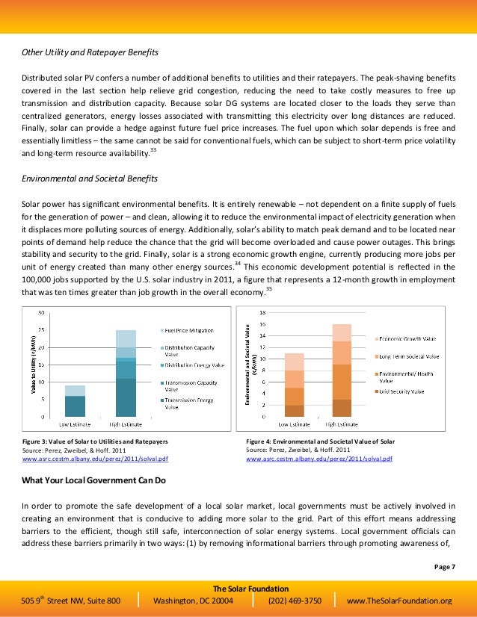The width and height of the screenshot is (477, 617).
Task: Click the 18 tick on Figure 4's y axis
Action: tap(262, 312)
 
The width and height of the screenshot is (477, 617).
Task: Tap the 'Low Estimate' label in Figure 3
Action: tap(74, 424)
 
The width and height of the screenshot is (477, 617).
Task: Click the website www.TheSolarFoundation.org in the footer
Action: tap(400, 600)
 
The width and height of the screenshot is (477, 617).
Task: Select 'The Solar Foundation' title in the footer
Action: tap(238, 587)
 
